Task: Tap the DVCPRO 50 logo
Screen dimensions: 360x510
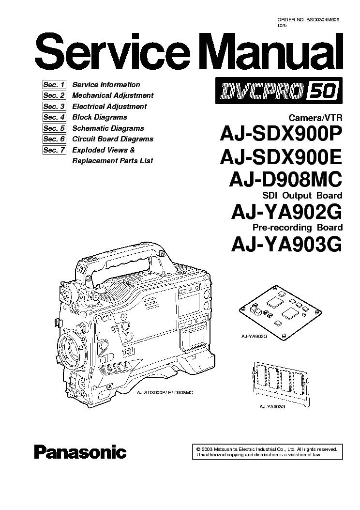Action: point(279,91)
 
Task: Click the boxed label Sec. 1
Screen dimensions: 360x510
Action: point(54,85)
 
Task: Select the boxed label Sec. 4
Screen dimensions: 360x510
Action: point(54,117)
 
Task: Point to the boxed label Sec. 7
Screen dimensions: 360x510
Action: point(54,150)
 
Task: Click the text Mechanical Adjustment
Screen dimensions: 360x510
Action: point(113,95)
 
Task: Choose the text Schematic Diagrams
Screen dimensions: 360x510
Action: point(108,128)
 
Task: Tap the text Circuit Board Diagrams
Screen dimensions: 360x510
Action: point(113,139)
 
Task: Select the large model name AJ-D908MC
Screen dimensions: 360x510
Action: point(285,180)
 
